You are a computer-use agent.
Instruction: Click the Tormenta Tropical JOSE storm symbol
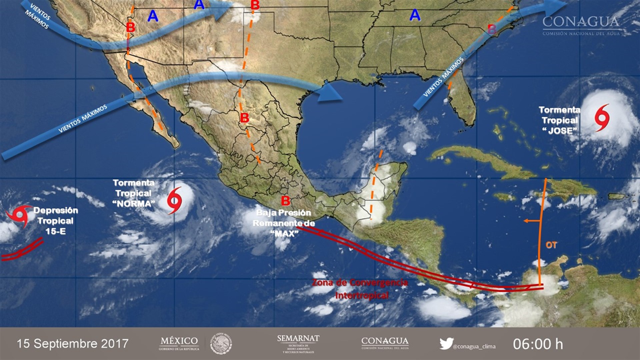click(602, 118)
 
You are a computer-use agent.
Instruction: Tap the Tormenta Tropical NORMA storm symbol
click(174, 200)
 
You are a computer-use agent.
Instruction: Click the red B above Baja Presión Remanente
click(285, 201)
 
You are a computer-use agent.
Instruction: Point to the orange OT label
click(551, 245)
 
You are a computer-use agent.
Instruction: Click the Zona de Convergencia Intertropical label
click(360, 289)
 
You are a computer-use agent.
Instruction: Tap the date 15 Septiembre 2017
click(73, 344)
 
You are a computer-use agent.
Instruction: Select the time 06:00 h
click(538, 344)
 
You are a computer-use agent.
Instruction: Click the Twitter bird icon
click(446, 343)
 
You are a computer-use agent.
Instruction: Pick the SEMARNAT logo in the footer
click(298, 343)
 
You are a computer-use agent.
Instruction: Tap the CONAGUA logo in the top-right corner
click(581, 25)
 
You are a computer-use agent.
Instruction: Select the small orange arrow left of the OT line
click(528, 221)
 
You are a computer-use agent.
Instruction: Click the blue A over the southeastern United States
click(415, 15)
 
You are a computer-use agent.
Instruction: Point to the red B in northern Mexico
click(244, 118)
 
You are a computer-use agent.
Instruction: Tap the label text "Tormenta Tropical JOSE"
click(559, 120)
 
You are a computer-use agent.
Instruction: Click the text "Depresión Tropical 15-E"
click(56, 221)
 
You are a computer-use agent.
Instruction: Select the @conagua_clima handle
click(474, 346)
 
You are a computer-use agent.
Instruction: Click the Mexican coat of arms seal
click(221, 344)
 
